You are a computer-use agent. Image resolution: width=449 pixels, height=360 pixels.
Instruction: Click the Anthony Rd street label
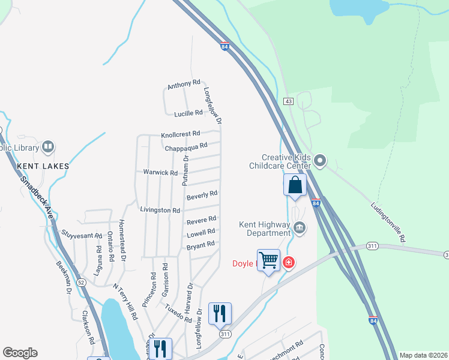(184, 85)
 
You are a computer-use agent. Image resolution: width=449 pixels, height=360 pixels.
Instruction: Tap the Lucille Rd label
(188, 113)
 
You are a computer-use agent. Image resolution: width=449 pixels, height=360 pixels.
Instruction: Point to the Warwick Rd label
(160, 173)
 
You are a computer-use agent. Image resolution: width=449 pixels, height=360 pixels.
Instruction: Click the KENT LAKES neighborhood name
(43, 166)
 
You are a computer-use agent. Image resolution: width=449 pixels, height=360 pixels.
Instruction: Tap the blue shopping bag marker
(295, 185)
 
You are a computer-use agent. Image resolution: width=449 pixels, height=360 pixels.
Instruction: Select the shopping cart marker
(268, 261)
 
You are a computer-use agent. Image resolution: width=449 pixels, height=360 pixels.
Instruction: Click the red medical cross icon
(289, 262)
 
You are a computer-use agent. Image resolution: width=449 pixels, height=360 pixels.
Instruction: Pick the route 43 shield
(289, 101)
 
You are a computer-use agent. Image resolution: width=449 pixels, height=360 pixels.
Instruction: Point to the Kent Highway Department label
(264, 229)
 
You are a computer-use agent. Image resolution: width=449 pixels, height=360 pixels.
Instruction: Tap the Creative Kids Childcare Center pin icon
(320, 161)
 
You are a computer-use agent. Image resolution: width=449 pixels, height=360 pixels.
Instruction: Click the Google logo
(20, 353)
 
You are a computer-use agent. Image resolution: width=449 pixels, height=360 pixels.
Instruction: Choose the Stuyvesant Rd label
(82, 234)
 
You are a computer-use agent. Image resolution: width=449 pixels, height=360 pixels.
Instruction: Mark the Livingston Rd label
(160, 211)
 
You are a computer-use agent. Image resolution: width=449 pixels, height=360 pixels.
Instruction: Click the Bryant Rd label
(201, 245)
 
